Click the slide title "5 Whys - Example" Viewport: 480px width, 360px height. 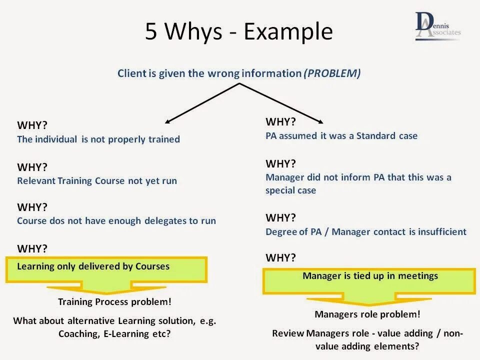(239, 32)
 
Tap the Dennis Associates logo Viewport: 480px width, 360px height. (438, 26)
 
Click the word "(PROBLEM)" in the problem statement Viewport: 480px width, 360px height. (332, 73)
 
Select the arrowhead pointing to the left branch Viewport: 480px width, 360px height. (168, 121)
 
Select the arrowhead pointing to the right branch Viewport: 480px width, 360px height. (320, 121)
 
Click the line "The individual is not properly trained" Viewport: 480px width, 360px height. (98, 139)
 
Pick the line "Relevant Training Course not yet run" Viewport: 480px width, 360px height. (97, 180)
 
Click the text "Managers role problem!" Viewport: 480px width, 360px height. (367, 314)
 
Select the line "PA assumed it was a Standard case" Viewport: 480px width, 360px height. (341, 135)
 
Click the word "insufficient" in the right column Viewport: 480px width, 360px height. (440, 231)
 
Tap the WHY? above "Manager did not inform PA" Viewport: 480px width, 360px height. (280, 163)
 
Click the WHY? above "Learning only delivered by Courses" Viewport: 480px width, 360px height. (32, 248)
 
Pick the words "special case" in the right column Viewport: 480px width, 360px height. (290, 190)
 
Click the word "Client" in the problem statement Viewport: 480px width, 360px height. (131, 73)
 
